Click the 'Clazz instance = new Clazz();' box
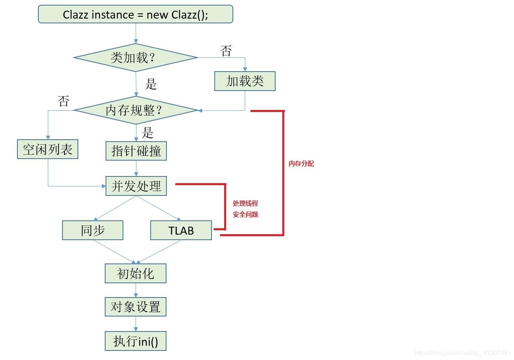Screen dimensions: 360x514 [136, 15]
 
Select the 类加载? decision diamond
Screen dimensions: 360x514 [136, 58]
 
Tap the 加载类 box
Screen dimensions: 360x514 [245, 81]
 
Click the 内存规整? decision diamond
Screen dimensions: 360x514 [136, 110]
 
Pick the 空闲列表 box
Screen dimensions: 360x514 [47, 150]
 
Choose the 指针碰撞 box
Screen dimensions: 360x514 [136, 151]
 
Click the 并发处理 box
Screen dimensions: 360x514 [136, 186]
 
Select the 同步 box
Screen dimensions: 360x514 [93, 230]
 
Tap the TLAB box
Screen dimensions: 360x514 [181, 230]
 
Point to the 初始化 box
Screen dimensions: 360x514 [136, 273]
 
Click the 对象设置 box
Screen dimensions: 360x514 [136, 307]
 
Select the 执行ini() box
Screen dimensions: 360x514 [136, 341]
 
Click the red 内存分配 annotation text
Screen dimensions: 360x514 [301, 164]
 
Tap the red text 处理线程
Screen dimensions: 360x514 [245, 203]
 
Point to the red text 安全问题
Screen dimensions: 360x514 [245, 214]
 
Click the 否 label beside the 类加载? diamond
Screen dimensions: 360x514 [226, 51]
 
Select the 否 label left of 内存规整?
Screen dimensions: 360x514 [63, 101]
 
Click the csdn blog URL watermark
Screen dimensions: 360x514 [463, 352]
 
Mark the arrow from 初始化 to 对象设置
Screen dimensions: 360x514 [136, 290]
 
